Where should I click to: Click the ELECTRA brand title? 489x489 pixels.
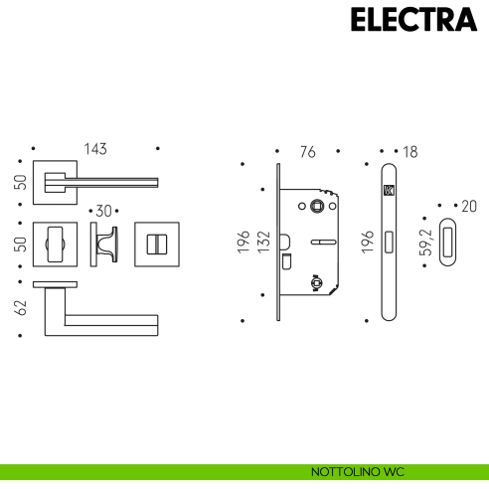click(413, 20)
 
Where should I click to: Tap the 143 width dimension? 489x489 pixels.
click(95, 149)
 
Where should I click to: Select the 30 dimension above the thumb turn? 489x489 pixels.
click(103, 211)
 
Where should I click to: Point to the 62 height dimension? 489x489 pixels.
click(21, 307)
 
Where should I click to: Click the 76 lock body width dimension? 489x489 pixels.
click(308, 152)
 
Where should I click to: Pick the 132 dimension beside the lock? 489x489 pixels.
click(263, 243)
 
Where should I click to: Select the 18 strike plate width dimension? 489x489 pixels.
click(410, 152)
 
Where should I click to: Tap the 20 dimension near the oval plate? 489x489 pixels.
click(469, 207)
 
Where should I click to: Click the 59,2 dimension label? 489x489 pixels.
click(426, 243)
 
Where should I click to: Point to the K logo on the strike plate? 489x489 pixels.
click(389, 191)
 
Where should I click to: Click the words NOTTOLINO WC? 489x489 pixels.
click(358, 472)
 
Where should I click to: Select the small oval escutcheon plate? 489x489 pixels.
click(447, 242)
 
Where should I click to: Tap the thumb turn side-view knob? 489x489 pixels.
click(106, 244)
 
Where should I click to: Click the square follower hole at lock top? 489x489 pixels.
click(317, 206)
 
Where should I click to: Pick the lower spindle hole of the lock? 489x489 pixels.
click(317, 282)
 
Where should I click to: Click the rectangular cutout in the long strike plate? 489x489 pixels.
click(389, 242)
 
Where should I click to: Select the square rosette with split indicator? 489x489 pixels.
click(157, 244)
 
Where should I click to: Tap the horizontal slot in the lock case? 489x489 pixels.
click(323, 243)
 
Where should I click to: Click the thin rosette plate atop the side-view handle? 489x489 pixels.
click(55, 284)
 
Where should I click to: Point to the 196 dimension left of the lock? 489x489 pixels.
click(244, 243)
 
